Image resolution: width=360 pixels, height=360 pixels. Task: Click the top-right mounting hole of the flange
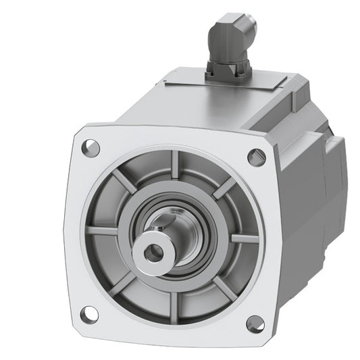[x=255, y=157]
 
